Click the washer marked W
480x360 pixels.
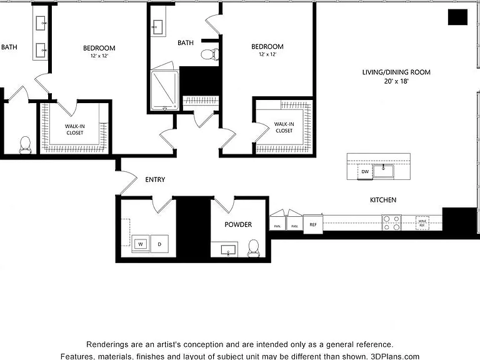[141, 244]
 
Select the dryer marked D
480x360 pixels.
[159, 244]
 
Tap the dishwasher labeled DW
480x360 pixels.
[365, 172]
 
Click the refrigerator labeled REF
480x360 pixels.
[313, 224]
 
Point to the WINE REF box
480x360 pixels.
[422, 223]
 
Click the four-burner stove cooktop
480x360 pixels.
[391, 222]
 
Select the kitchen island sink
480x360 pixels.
[384, 171]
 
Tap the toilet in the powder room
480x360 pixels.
[254, 248]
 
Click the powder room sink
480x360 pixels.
[228, 250]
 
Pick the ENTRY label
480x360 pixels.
[155, 180]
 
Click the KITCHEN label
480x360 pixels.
[383, 200]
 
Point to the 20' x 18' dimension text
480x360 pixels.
[396, 81]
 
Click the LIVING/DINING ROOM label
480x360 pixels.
[396, 72]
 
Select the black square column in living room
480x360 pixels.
[457, 17]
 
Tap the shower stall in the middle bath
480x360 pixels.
[165, 90]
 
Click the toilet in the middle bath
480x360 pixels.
[210, 54]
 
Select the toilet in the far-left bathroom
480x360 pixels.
[25, 145]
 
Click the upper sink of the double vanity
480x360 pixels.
[41, 23]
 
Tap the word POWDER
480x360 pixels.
[238, 224]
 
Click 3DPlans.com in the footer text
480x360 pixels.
[395, 356]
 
